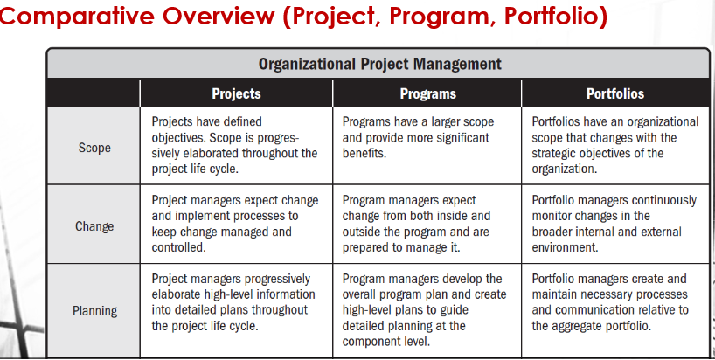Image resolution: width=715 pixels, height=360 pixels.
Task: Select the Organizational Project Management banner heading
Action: (379, 64)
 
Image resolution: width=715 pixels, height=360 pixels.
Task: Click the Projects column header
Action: (236, 93)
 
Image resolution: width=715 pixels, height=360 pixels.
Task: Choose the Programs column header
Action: (427, 93)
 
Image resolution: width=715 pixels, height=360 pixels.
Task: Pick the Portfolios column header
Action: (614, 93)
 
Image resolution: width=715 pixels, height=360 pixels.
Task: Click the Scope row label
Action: (94, 147)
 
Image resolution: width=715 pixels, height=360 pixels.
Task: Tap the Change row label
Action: (94, 226)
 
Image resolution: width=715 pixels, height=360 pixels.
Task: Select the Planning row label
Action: (94, 310)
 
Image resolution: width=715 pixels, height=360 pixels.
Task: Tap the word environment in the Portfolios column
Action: (566, 247)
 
